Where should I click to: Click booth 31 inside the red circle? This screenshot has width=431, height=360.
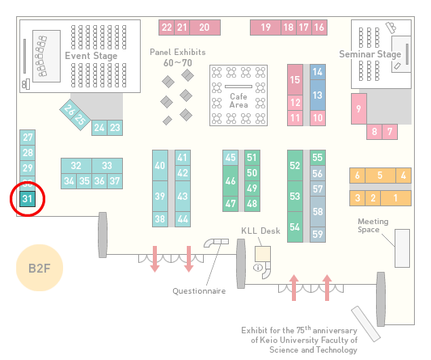(27, 199)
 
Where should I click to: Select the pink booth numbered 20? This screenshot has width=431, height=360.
(205, 28)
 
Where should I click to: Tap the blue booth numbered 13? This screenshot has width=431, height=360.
(318, 95)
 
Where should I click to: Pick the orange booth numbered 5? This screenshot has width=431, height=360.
(380, 176)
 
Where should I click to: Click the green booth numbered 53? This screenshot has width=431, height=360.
(295, 196)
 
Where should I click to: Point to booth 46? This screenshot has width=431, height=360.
(230, 180)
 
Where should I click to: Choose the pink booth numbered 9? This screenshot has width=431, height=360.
(359, 109)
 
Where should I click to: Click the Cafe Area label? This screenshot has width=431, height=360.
(239, 100)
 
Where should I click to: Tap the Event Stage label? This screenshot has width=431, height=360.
(91, 56)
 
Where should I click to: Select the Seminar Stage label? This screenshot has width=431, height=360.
(370, 54)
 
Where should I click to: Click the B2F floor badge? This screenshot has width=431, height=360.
(40, 268)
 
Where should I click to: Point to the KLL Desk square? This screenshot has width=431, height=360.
(263, 254)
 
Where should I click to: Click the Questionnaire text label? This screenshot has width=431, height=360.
(199, 291)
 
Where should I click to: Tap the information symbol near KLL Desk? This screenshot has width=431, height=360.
(258, 267)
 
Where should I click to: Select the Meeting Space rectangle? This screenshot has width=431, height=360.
(402, 248)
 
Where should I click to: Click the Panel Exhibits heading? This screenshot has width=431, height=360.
(178, 52)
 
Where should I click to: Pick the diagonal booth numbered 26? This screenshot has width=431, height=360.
(70, 110)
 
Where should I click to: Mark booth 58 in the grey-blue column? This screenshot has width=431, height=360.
(318, 211)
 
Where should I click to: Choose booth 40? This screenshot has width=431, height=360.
(160, 166)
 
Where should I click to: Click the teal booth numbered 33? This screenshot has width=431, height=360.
(108, 166)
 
